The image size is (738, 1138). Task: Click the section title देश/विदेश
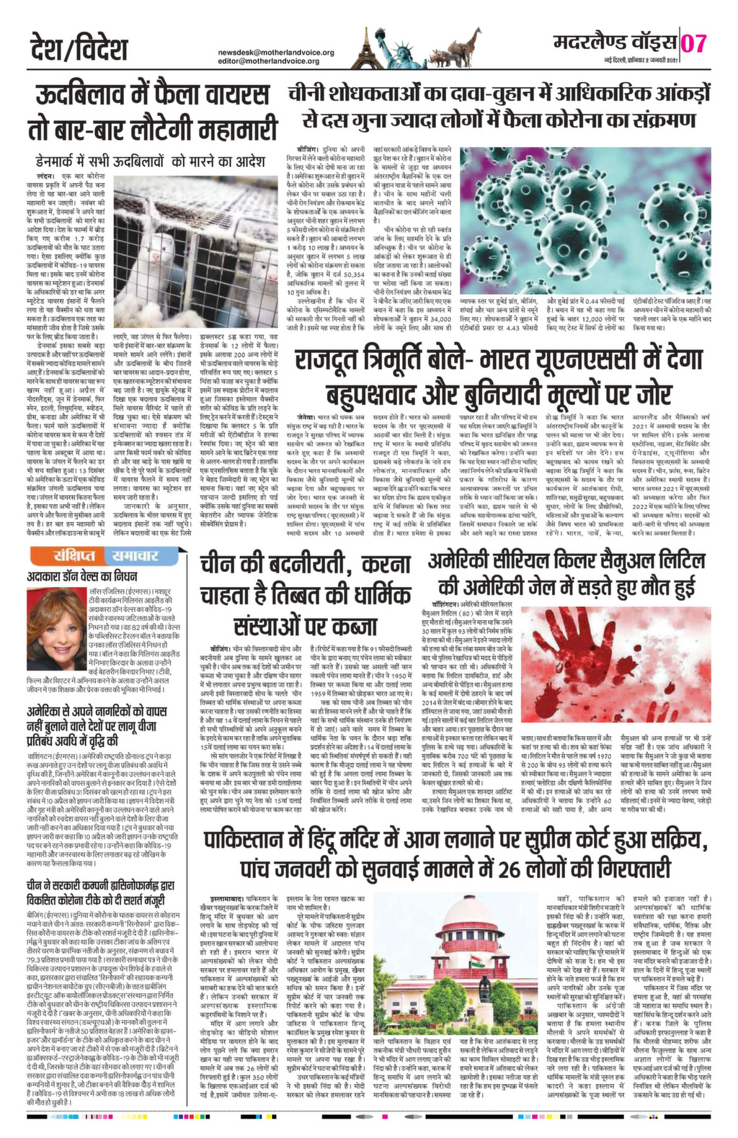click(79, 48)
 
